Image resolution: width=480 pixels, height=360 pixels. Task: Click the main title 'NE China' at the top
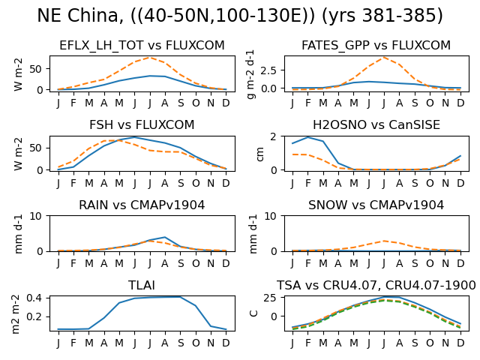point(78,15)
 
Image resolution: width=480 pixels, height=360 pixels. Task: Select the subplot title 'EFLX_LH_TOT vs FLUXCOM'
point(142,45)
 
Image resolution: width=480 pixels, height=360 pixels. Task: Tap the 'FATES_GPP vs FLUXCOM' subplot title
point(376,45)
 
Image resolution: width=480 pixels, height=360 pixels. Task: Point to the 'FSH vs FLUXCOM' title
point(142,125)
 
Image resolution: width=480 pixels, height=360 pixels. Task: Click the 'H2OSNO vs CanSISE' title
point(376,125)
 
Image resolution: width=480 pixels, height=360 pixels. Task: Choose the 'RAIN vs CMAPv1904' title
point(142,205)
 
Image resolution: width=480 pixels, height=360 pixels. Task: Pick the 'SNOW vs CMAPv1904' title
point(376,205)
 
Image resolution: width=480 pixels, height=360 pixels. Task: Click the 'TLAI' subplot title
point(142,285)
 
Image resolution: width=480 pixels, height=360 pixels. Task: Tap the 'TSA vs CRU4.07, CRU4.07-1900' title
point(376,285)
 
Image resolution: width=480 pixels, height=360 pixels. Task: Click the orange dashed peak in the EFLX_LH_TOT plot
point(149,57)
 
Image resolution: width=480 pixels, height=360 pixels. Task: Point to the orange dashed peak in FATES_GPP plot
point(384,57)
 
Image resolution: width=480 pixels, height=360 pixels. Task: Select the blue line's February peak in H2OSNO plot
point(308,137)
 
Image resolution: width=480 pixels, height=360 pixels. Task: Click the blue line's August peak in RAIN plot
point(165,237)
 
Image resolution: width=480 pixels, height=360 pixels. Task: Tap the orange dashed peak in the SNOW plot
point(384,241)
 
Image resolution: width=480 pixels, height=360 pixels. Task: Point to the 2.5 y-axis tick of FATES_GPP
point(268,70)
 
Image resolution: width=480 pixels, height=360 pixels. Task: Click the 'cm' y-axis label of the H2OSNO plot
point(260,154)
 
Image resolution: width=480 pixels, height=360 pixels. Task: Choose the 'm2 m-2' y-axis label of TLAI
point(16,314)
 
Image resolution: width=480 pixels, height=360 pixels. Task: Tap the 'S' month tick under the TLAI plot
point(181,343)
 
